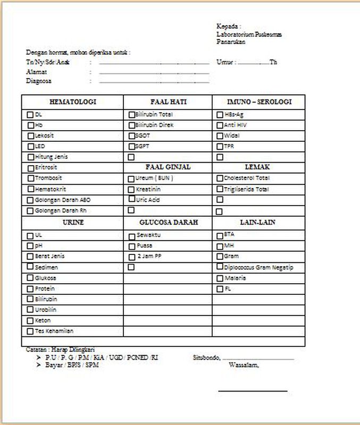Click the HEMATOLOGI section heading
(72, 101)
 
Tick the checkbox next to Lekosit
(30, 136)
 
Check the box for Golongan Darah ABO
(30, 200)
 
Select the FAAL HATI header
(168, 101)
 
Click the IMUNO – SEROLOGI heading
(259, 101)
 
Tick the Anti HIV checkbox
(220, 125)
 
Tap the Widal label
(232, 135)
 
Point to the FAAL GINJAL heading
(168, 167)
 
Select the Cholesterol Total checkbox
(220, 178)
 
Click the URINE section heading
(72, 222)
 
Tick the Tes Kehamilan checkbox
(30, 331)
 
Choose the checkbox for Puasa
(131, 246)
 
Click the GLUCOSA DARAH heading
(168, 222)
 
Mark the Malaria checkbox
(220, 278)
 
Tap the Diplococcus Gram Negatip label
(258, 267)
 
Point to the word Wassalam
(244, 365)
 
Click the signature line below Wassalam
(253, 392)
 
